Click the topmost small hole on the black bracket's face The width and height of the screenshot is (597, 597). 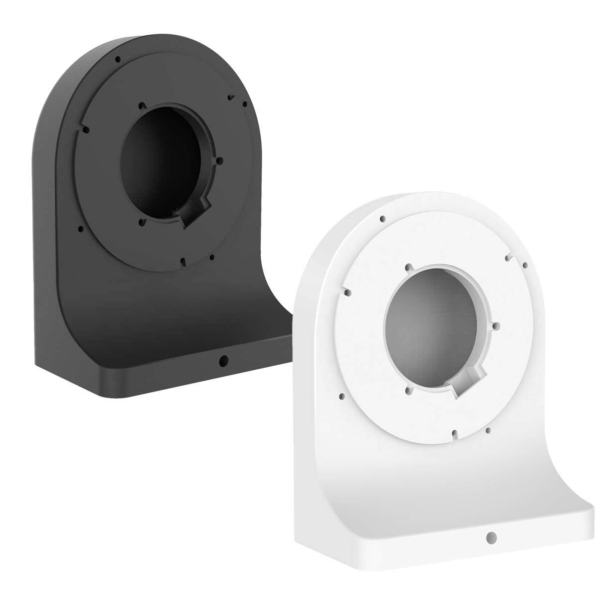coord(118,59)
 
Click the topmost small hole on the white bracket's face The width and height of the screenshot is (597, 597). coord(382,218)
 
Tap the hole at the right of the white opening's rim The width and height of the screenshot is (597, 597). coord(495,325)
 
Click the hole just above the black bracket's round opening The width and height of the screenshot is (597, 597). coord(141,105)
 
